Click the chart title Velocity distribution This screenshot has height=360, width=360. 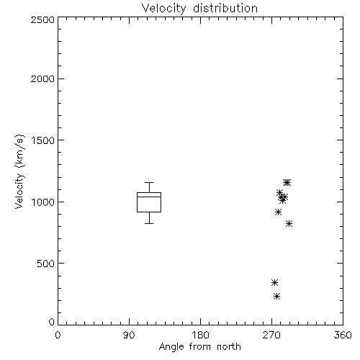pos(199,8)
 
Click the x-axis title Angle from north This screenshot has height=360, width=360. pos(199,347)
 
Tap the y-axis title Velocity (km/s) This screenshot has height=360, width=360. pos(19,171)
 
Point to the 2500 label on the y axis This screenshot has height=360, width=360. pos(42,19)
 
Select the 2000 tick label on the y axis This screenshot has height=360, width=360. pos(42,78)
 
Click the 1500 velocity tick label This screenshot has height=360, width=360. pos(43,140)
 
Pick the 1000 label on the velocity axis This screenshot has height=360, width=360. pos(43,202)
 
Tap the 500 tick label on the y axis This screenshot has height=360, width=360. pos(46,264)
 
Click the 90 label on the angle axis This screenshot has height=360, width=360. pos(129,335)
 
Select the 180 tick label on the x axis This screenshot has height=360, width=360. pos(200,335)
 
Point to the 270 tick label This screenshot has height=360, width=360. pos(271,335)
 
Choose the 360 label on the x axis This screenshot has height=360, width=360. pos(343,335)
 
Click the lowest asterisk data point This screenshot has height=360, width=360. pos(277,297)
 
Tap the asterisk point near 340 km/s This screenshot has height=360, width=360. pos(274,282)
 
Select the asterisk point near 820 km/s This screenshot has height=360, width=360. pos(289,224)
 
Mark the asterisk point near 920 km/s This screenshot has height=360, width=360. pos(278,212)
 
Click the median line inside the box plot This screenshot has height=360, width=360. pos(149,197)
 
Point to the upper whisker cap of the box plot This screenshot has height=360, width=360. pos(149,182)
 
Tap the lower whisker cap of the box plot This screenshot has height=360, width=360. pos(149,223)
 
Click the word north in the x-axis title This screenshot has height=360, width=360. pos(229,347)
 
